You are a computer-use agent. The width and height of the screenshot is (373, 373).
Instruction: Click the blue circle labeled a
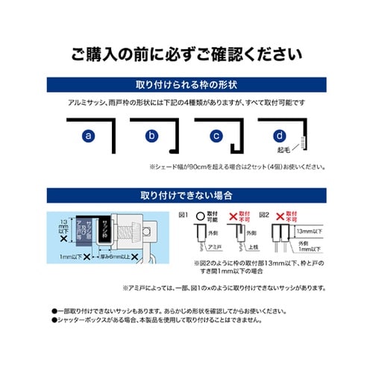pos(89,136)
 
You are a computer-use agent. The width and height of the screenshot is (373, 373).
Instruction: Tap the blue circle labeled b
pos(152,136)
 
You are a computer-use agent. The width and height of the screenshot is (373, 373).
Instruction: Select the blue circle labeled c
pos(216,136)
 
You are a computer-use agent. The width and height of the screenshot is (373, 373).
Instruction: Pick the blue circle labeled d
pos(279,136)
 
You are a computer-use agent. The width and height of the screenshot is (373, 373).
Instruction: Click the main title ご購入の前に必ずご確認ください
pos(186,54)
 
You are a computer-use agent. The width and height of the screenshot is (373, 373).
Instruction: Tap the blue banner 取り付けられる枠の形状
pos(186,83)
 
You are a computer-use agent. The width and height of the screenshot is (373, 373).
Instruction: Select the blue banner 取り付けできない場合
pos(186,195)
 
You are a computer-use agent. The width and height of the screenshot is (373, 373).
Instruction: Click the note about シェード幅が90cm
pos(237,166)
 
